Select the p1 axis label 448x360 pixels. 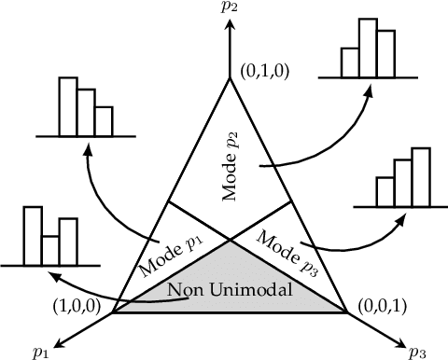tap(40, 351)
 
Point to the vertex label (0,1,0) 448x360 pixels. tap(261, 69)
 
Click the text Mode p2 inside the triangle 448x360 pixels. tap(230, 166)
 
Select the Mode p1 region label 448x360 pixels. tap(171, 250)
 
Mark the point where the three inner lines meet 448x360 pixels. tap(230, 237)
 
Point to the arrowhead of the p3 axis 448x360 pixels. tap(399, 337)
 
